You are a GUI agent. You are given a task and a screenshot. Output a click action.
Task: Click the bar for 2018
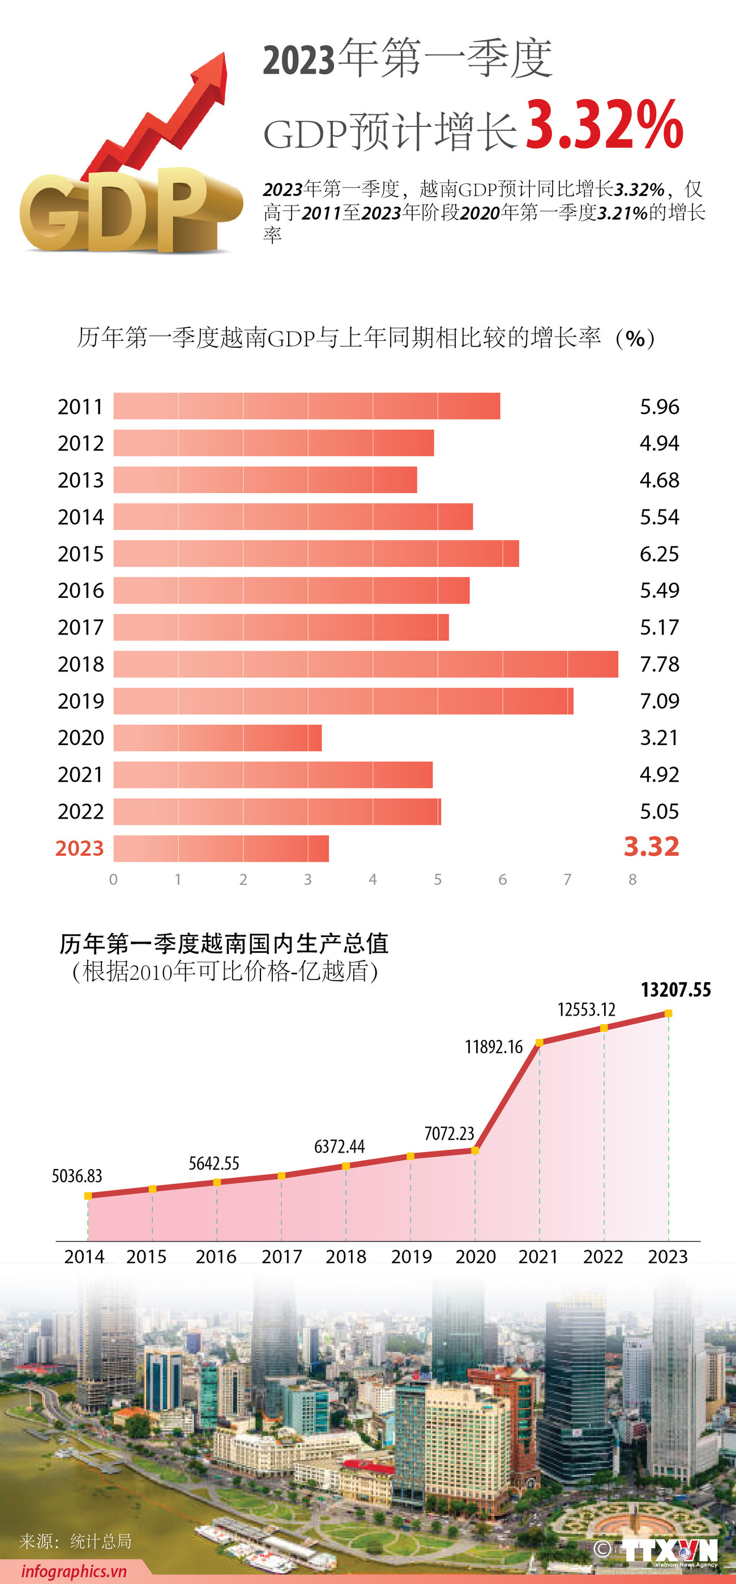coord(365,664)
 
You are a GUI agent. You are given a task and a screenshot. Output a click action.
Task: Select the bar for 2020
coord(217,738)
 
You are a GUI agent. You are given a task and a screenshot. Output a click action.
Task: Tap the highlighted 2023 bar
coord(221,849)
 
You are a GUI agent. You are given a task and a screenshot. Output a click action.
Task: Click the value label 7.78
coord(659,664)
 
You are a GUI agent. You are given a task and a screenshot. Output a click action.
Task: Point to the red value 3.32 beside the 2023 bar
coord(651,847)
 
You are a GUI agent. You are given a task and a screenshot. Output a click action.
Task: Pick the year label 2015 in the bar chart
coord(80,554)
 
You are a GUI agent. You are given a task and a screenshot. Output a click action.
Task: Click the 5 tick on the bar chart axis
coord(438,879)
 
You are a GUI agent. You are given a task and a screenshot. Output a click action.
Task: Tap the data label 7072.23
coord(449,1133)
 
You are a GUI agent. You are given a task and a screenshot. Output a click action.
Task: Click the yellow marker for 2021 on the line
coord(539,1042)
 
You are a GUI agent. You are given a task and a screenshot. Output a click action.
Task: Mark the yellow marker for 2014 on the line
coord(88,1196)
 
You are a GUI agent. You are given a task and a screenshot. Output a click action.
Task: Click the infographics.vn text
coord(74,1571)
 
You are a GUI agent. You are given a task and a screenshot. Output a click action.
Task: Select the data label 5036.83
coord(77,1176)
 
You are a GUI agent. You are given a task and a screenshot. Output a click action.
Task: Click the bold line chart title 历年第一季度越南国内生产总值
coord(224,943)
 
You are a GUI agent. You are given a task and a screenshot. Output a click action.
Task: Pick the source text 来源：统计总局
coord(75,1541)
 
